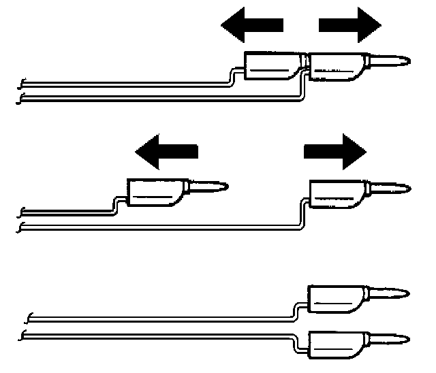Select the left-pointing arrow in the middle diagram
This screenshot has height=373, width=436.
[x=166, y=150]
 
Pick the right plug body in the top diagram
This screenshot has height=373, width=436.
[x=335, y=66]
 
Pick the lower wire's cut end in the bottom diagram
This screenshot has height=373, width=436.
[x=25, y=334]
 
